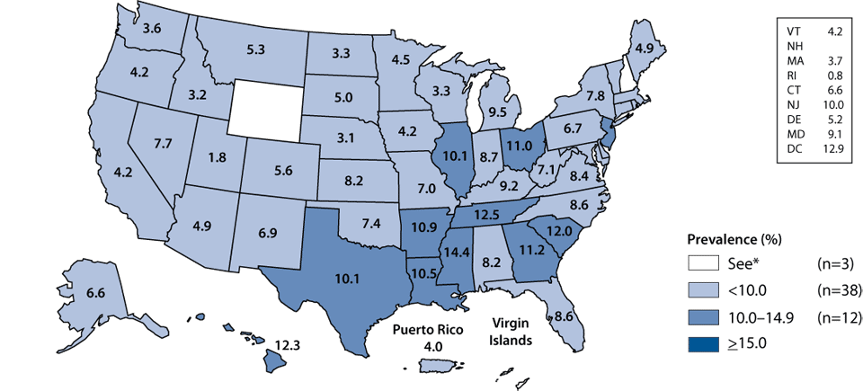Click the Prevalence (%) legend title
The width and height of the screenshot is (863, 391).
(733, 240)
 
